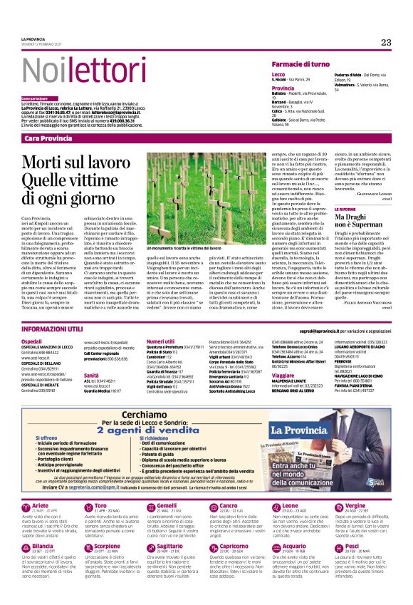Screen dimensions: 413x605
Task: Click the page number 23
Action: point(385,43)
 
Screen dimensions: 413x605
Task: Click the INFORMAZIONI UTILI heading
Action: point(52,330)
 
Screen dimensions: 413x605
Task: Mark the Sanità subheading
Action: point(91,374)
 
